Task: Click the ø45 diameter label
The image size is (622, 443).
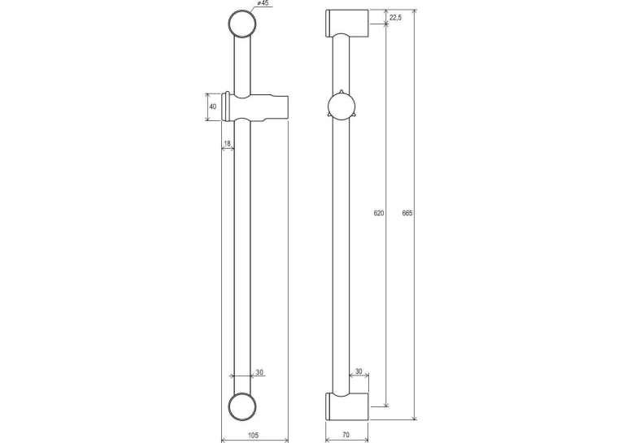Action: click(263, 3)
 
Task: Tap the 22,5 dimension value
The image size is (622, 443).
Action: click(395, 17)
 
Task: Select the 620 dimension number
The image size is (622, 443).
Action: click(379, 213)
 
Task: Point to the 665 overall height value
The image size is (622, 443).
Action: click(407, 213)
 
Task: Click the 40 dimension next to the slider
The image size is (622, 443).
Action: click(213, 106)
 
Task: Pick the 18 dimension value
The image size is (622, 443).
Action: click(227, 143)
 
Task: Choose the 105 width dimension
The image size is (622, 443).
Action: click(253, 435)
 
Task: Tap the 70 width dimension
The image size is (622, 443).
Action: click(346, 435)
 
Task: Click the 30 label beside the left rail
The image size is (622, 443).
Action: click(259, 372)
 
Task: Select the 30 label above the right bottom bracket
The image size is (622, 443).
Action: click(359, 371)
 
